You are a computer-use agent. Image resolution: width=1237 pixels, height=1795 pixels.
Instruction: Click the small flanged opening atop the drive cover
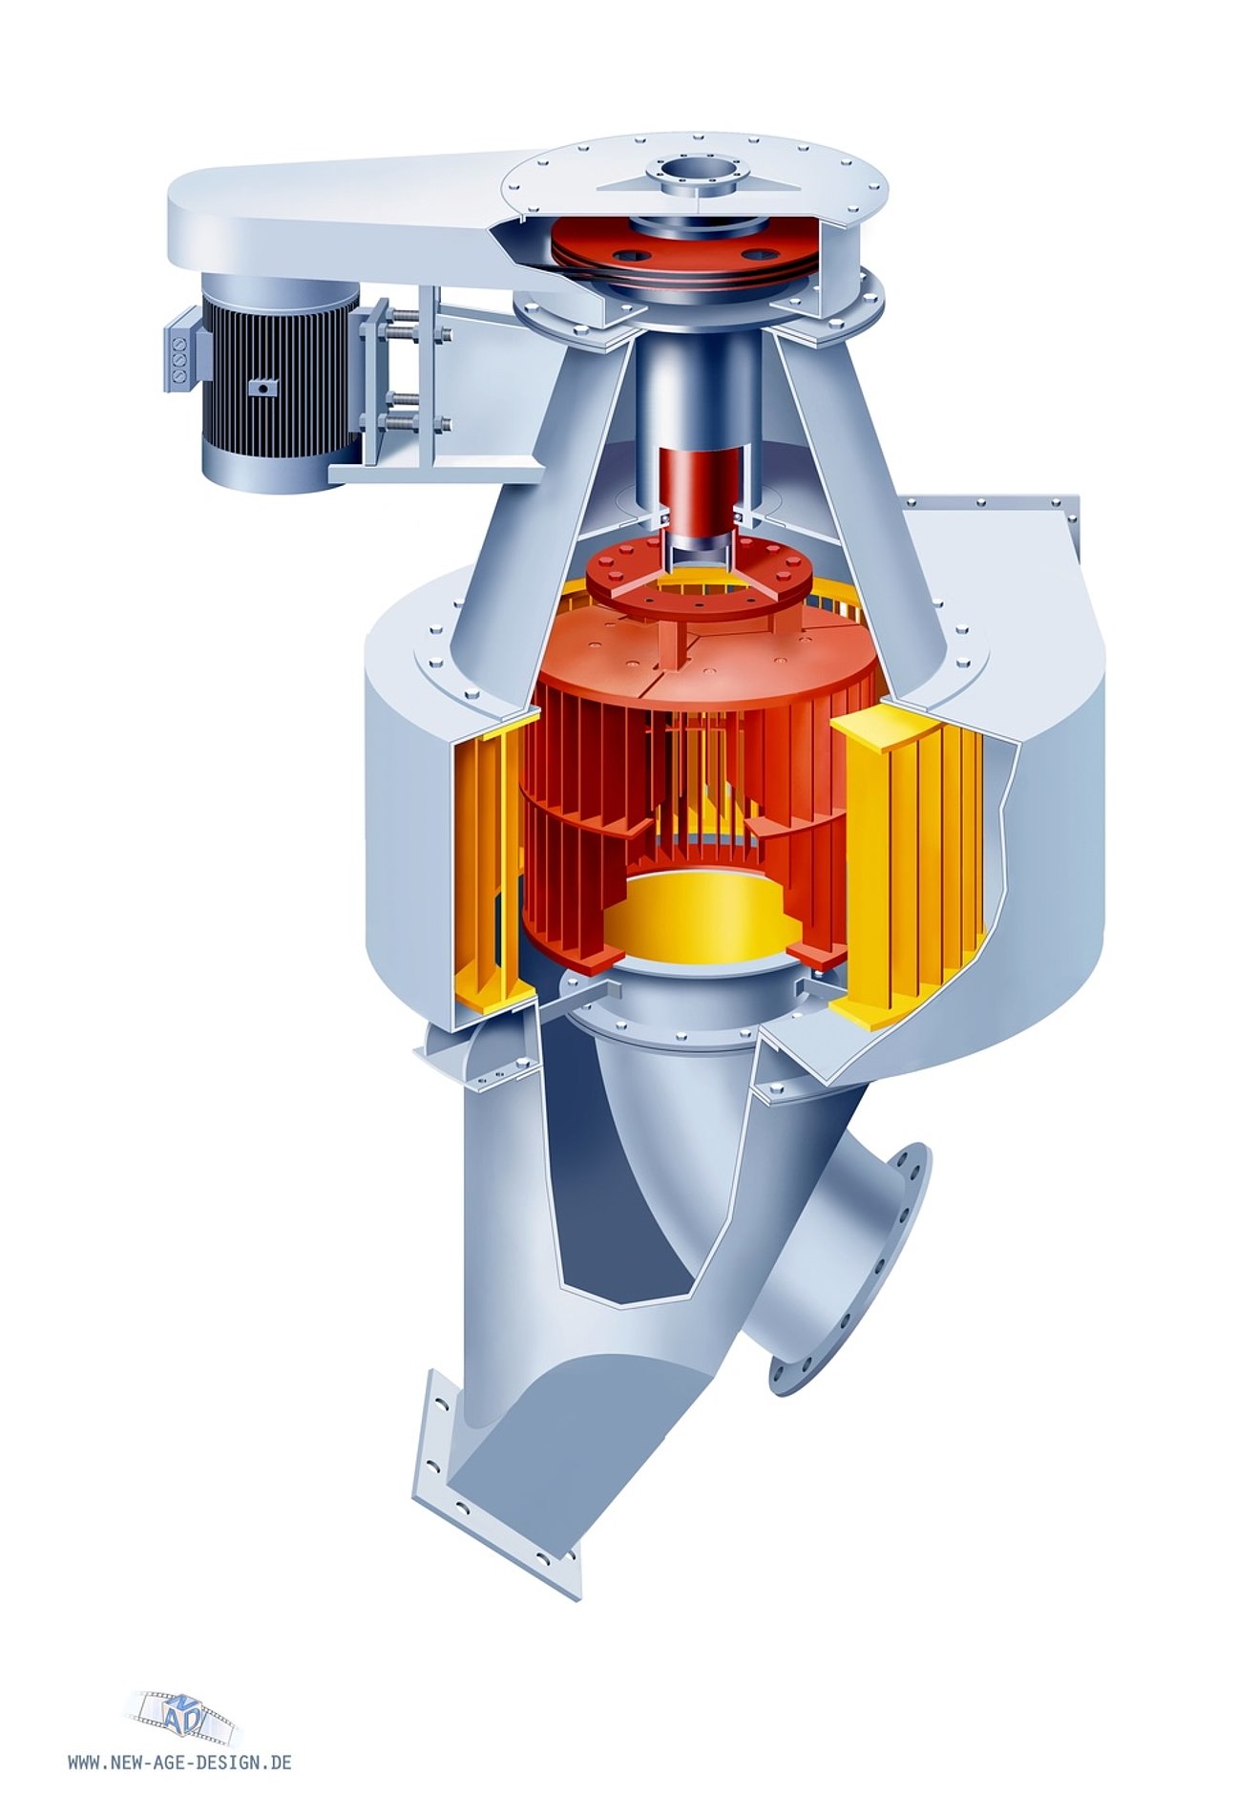[695, 178]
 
